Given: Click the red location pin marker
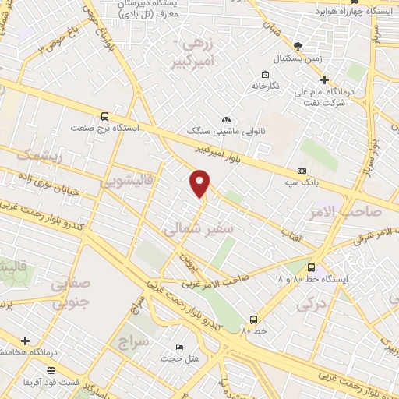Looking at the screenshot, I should tap(200, 182).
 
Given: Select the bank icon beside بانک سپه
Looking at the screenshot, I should tap(302, 171).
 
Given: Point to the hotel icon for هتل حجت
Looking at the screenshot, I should tap(180, 348).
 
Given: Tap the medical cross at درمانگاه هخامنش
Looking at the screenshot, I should tap(26, 341).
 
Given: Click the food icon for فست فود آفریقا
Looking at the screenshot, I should tap(51, 370).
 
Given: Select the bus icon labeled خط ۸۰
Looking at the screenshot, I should tap(253, 319).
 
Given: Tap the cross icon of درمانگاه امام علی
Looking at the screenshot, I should tap(325, 79).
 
